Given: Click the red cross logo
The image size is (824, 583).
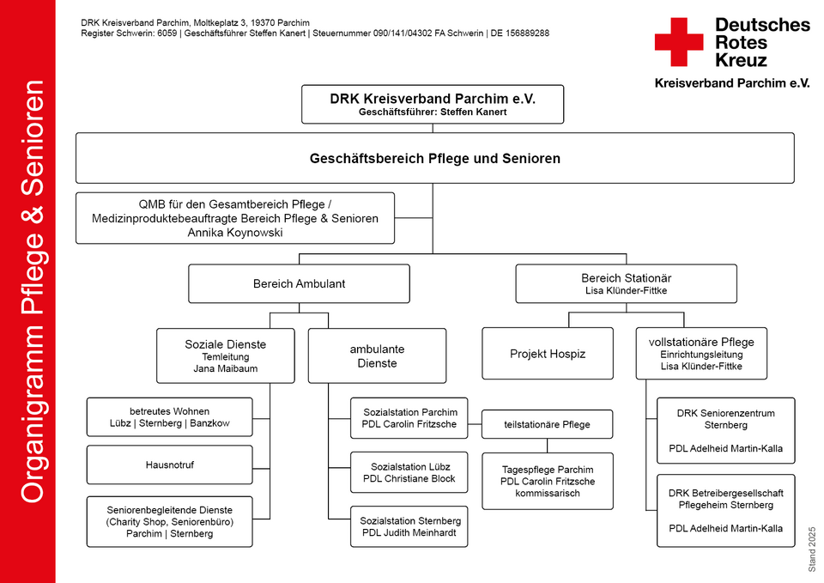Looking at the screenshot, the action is click(x=678, y=42).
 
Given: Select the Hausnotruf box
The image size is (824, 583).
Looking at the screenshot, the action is click(x=170, y=465).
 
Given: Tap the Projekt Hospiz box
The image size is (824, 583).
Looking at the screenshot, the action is click(x=548, y=353).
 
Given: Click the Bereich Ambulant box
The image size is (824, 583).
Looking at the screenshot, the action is click(x=299, y=284).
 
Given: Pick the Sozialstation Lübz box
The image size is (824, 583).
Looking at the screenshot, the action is click(x=409, y=472).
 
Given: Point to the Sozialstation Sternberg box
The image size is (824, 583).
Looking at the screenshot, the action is click(x=409, y=526).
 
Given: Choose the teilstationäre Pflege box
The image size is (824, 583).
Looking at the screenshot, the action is click(x=547, y=424).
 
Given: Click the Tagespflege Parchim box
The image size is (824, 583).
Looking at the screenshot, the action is click(x=548, y=482).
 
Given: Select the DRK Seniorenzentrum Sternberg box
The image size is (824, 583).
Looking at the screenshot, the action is click(x=726, y=430).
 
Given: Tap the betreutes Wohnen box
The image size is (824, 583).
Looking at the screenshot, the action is click(x=170, y=417).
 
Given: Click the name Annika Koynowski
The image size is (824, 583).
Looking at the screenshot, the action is click(x=235, y=233).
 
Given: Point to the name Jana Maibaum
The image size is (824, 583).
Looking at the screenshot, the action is click(x=226, y=368).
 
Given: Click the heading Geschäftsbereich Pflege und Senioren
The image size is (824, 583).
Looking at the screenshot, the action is click(x=435, y=159).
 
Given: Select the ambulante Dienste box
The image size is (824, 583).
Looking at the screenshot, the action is click(x=378, y=356).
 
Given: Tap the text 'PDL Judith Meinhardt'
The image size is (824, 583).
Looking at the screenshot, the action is click(x=409, y=532).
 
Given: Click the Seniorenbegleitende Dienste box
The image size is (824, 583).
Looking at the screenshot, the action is click(x=170, y=521).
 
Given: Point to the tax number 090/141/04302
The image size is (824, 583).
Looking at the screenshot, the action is click(x=403, y=33).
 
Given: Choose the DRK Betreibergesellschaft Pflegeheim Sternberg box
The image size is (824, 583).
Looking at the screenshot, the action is click(x=726, y=511).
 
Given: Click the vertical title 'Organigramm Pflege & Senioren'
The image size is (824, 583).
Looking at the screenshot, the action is click(x=33, y=292).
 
